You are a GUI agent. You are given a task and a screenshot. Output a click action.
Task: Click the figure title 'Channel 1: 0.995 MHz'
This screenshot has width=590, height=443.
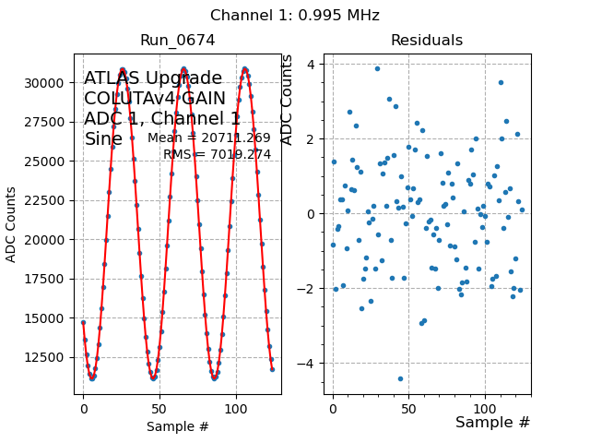tap(294, 16)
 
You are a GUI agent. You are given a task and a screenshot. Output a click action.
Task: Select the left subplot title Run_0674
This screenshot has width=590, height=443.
tap(177, 41)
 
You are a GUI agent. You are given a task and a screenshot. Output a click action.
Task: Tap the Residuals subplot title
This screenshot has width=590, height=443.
tap(426, 41)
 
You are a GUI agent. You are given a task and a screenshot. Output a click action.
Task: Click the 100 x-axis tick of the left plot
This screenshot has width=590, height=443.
tap(236, 407)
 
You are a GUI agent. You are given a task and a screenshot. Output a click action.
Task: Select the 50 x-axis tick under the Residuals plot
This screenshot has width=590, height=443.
tap(409, 407)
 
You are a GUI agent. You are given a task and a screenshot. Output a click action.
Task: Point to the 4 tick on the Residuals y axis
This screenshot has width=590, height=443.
tap(313, 65)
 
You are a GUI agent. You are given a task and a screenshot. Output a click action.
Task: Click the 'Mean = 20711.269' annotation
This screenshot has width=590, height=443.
tap(209, 138)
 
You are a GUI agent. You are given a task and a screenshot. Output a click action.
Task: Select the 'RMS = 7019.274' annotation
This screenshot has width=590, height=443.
tap(217, 155)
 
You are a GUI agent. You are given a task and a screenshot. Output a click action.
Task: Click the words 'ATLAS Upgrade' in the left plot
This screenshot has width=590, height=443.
tap(152, 79)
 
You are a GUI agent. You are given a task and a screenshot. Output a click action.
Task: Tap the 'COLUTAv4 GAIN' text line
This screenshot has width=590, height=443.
tap(155, 99)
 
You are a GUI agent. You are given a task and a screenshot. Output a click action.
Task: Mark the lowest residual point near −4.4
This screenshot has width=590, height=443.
tap(400, 378)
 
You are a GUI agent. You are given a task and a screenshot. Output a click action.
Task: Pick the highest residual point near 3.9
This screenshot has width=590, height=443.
tap(377, 68)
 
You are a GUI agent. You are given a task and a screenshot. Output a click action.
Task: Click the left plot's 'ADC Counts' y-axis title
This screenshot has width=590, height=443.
tap(12, 224)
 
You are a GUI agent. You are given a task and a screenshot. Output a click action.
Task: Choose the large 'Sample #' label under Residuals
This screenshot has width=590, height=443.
tap(492, 423)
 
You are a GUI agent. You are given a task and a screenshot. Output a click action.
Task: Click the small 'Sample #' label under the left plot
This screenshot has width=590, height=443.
tap(178, 427)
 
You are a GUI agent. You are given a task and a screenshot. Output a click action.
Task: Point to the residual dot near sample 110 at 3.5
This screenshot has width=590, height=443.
tap(501, 83)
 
